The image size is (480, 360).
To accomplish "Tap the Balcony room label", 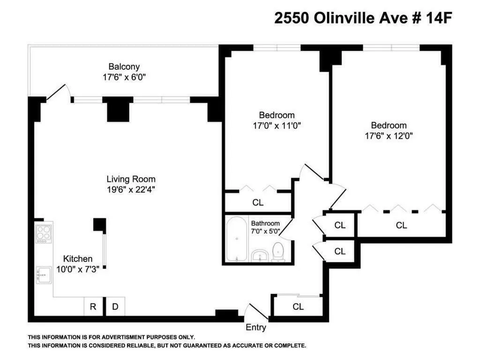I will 124,67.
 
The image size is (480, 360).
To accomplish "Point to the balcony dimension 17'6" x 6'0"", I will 124,77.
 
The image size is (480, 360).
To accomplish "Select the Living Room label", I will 131,179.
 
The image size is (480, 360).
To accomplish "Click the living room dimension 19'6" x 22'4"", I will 131,190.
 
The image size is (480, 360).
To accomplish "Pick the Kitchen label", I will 78,259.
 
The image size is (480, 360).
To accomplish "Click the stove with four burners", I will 44,233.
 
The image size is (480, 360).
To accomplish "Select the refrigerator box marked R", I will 93,307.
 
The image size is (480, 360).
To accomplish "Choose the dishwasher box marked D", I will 115,307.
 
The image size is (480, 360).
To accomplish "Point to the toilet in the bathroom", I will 279,252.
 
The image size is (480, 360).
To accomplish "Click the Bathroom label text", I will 265,223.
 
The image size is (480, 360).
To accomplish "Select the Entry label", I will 256,328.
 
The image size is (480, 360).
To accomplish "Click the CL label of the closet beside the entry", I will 298,307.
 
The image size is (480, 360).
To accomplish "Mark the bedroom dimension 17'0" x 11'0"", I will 277,125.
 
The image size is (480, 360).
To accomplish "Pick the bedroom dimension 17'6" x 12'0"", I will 389,136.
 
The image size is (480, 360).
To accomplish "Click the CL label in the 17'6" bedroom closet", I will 401,225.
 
